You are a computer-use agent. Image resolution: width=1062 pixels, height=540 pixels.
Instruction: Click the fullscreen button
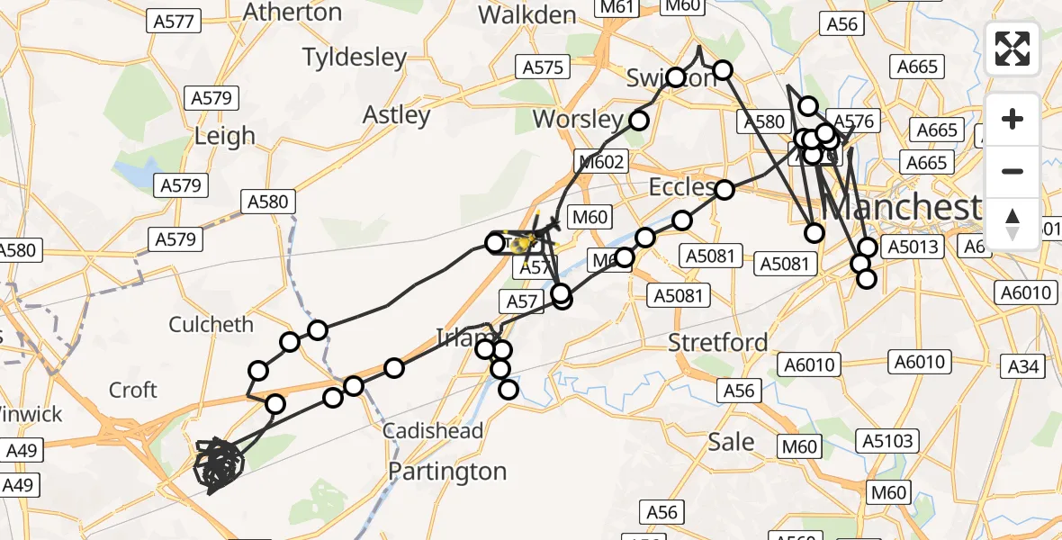tap(1012, 49)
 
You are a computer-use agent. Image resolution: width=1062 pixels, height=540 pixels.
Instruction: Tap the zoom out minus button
tap(1012, 171)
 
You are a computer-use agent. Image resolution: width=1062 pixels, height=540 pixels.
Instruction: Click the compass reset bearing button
tap(1012, 223)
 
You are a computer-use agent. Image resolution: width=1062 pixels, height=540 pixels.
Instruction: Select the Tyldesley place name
tap(355, 58)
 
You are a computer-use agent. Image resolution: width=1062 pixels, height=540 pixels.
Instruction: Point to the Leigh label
tap(225, 136)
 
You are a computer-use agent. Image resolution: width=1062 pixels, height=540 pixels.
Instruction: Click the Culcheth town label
tap(211, 324)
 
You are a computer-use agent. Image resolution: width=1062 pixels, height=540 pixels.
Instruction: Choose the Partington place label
tap(447, 472)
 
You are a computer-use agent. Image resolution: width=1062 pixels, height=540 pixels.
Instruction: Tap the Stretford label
tap(718, 342)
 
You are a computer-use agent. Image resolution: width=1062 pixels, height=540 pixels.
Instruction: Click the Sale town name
tap(731, 442)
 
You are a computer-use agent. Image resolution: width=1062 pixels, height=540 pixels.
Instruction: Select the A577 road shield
tap(175, 21)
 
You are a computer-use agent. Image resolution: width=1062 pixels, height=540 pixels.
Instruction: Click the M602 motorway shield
tap(599, 161)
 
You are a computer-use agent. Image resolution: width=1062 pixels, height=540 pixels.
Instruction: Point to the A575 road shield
tap(542, 67)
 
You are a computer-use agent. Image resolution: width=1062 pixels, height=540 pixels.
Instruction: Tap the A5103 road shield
tap(887, 441)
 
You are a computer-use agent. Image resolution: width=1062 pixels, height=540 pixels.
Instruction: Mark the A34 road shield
tap(1023, 366)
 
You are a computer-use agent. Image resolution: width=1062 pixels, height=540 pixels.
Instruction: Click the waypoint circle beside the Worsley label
tap(639, 121)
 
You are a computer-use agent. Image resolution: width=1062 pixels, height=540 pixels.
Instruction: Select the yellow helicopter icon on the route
tap(526, 241)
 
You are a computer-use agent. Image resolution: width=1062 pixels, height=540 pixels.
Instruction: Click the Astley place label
tap(396, 115)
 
